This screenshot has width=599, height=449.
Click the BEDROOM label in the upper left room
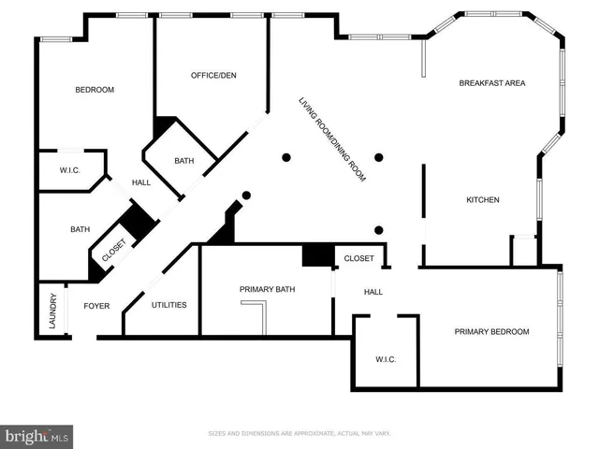(x=95, y=90)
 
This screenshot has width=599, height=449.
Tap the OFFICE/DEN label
(x=213, y=75)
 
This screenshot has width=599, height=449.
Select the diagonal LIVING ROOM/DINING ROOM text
(x=331, y=139)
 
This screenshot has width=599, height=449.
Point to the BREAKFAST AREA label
(x=491, y=83)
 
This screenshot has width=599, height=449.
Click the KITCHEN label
(x=483, y=200)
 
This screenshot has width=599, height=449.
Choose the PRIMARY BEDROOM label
(x=491, y=332)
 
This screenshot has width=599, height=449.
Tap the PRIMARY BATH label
(x=267, y=289)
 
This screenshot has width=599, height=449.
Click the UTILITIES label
(x=169, y=305)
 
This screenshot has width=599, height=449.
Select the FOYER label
(x=96, y=305)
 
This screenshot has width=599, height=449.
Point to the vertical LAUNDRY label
(x=53, y=311)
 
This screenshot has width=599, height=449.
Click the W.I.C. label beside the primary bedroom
(x=387, y=359)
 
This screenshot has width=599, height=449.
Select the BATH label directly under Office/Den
(x=184, y=161)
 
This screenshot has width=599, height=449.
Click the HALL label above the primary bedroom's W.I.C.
(x=373, y=293)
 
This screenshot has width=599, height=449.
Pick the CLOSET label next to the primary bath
(x=358, y=258)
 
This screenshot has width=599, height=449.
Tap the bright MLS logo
(x=37, y=435)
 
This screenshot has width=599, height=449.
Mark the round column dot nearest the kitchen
(x=379, y=230)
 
